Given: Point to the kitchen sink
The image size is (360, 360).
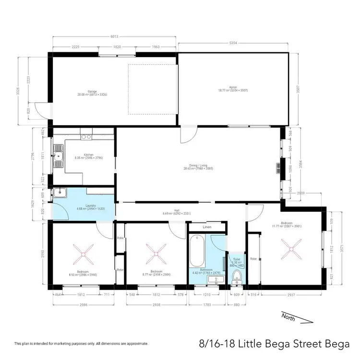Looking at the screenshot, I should pyautogui.click(x=60, y=157).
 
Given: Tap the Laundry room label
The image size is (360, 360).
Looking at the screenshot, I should pyautogui.click(x=90, y=206).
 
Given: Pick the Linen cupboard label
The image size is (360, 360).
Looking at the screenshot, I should pyautogui.click(x=207, y=227).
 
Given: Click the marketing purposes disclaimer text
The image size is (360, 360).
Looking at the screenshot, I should pyautogui.click(x=81, y=344).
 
